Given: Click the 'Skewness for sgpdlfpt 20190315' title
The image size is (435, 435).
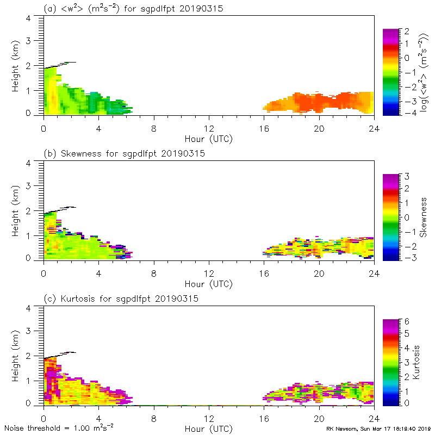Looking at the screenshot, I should [x=124, y=153].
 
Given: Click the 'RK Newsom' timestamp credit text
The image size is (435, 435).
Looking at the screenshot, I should [x=378, y=428].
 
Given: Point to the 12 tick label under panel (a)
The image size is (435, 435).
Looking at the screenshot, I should [x=209, y=128].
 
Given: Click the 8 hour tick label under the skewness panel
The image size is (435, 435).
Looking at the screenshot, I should [x=154, y=274].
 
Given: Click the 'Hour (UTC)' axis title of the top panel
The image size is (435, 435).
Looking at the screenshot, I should [x=209, y=138].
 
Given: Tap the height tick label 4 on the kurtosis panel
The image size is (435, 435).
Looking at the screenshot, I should [x=35, y=308].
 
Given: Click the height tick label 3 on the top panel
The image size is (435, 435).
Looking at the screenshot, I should [x=35, y=41].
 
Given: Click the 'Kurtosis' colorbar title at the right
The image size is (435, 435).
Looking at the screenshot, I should [x=417, y=362].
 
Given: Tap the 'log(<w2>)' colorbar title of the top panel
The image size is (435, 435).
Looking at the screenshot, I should [x=422, y=71].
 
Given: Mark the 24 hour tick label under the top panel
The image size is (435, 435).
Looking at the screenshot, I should [x=374, y=128].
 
